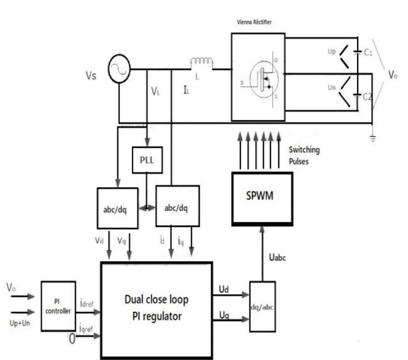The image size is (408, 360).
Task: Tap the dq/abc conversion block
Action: [262, 305]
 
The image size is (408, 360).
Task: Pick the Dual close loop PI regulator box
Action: [157, 308]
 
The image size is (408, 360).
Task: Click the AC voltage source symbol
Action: [118, 70]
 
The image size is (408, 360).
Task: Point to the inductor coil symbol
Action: [201, 63]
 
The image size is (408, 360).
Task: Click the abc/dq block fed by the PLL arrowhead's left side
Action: [117, 208]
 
